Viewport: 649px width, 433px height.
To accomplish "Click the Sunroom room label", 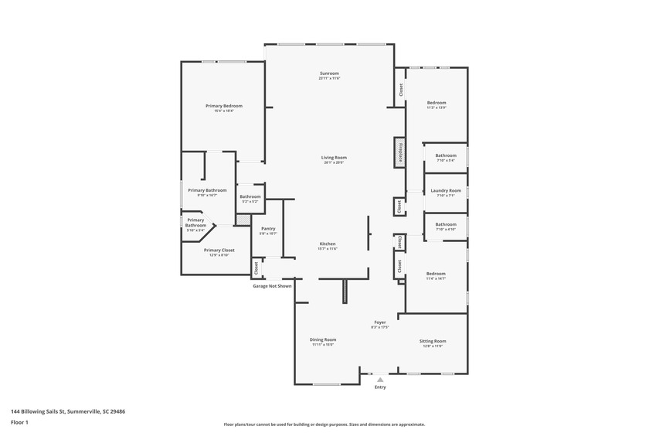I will [x=329, y=73].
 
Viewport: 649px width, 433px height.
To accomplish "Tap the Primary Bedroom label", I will [x=224, y=106].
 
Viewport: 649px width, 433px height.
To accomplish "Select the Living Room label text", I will [x=334, y=158].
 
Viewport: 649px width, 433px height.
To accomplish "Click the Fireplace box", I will [x=400, y=152].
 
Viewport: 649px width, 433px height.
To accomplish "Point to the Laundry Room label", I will [x=446, y=190].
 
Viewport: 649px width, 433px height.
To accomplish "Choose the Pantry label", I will [x=268, y=228].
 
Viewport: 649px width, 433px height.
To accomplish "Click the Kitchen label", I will [x=328, y=244].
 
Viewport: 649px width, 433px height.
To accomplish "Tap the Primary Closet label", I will [x=219, y=250].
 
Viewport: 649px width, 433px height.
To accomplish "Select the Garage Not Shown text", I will [x=273, y=286].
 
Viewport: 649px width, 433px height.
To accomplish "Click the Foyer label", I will [x=380, y=322].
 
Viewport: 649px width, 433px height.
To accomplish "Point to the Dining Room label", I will [x=323, y=339].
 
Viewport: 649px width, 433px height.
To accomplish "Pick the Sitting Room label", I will [x=433, y=341].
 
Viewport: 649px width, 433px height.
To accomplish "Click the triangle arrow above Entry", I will [x=379, y=380].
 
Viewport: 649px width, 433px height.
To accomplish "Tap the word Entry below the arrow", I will [x=379, y=388].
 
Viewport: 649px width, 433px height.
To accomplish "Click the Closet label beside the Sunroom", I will [x=400, y=89].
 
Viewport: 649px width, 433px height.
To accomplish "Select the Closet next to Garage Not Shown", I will [x=255, y=268].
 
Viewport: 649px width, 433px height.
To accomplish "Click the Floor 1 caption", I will [x=19, y=422].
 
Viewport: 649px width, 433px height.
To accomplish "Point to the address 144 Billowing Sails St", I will [x=68, y=411].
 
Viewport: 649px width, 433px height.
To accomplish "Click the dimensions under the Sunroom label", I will [x=329, y=79].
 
